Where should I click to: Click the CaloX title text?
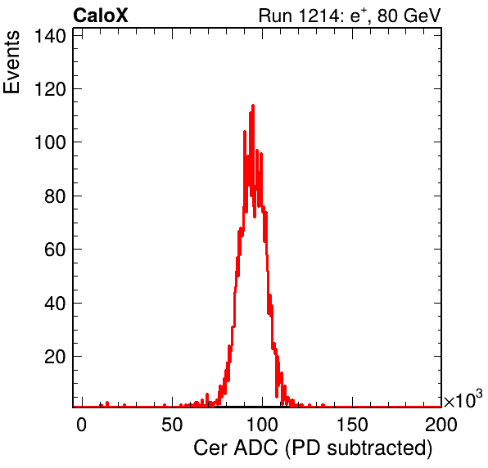[x=101, y=16]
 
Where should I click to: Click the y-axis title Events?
[x=11, y=62]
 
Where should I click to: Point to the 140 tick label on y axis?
[x=50, y=36]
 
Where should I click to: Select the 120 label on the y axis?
[x=50, y=89]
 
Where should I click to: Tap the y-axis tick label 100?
[x=50, y=142]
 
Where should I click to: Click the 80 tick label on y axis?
[x=55, y=196]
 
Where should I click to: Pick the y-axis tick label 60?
[x=55, y=250]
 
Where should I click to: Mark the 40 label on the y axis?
[x=55, y=304]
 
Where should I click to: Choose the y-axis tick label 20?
[x=55, y=357]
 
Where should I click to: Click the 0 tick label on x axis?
[x=81, y=425]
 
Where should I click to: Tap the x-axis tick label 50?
[x=172, y=425]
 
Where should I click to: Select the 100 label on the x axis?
[x=262, y=425]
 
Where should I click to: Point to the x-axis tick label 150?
[x=352, y=425]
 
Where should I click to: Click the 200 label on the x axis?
[x=441, y=425]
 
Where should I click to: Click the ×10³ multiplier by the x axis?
[x=463, y=399]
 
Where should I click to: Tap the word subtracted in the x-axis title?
[x=380, y=448]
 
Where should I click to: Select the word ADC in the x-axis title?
[x=255, y=448]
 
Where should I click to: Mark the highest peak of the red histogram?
[x=253, y=106]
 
